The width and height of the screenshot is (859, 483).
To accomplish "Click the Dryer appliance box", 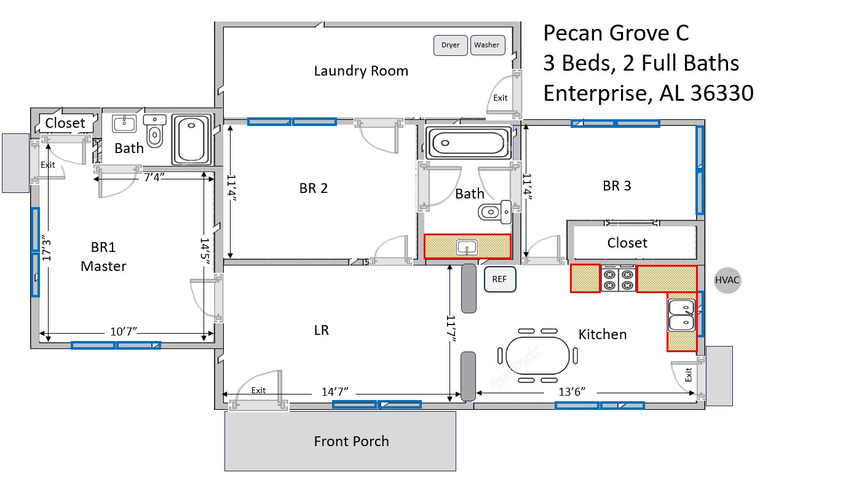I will pos(451,45).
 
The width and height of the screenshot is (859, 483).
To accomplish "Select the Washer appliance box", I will pos(487,45).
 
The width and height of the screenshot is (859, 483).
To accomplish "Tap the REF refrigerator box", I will pos(499,278).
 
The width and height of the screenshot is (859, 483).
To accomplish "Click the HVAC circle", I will pos(727,280).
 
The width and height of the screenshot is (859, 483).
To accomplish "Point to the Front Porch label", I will pos(351,441).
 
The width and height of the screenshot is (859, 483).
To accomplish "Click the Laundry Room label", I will pos(361,71).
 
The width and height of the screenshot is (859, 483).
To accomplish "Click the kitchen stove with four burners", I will pos(618,279).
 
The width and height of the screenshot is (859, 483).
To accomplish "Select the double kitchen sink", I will pos(681,315).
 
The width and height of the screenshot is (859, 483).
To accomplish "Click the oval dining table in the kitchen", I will pos(537,355).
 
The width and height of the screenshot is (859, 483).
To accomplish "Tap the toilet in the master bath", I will pos(154,132).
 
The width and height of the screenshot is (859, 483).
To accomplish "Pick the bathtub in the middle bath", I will pos(468,143).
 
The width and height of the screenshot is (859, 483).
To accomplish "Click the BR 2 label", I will pos(314,188).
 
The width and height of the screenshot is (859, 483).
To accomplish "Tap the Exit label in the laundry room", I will pos(501,98).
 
